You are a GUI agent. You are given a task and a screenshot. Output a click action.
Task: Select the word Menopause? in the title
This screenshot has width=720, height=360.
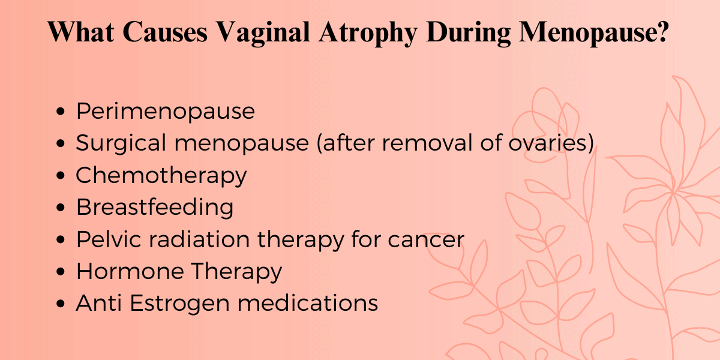tap(595, 32)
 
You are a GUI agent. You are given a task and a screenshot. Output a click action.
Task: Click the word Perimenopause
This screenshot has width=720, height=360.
tap(165, 112)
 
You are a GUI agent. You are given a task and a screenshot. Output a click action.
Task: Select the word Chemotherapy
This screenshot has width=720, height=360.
tap(161, 175)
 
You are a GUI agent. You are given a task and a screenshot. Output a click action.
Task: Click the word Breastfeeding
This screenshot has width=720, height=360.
tap(155, 208)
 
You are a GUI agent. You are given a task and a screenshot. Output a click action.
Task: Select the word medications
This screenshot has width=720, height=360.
tap(308, 303)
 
